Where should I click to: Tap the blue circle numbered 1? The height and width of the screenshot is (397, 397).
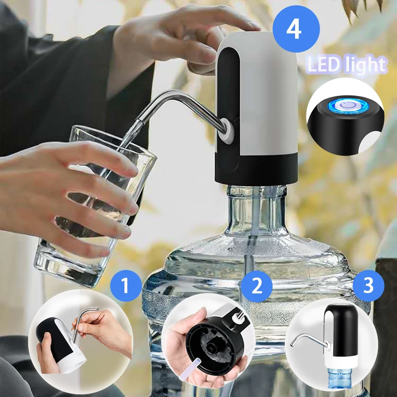click(x=125, y=286)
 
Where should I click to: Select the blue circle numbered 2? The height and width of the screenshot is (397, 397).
click(x=257, y=286)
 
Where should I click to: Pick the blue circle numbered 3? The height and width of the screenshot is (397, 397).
click(x=368, y=286)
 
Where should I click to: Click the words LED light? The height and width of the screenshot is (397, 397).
click(x=346, y=65)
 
